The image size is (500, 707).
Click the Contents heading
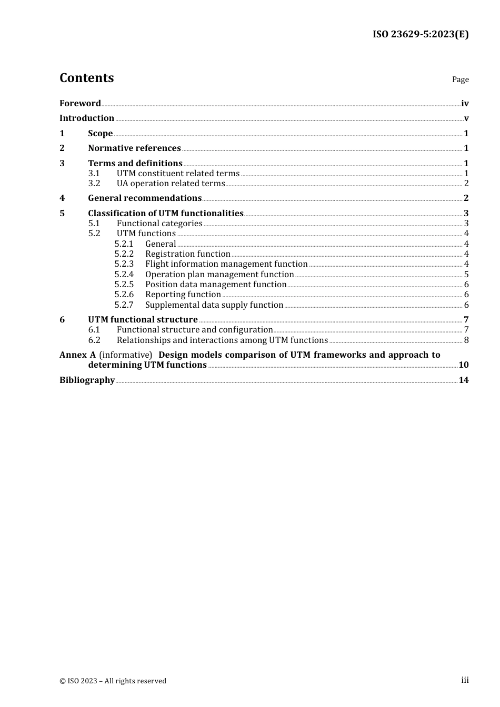(86, 78)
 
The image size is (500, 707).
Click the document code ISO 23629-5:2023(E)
(421, 35)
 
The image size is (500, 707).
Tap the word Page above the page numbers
(460, 79)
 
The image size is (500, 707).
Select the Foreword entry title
(80, 104)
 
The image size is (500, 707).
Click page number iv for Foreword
(465, 104)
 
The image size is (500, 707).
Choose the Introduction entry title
(87, 118)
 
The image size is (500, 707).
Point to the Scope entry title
(100, 134)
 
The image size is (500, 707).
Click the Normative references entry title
(134, 148)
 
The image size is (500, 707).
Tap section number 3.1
(94, 174)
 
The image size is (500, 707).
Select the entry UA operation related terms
(171, 184)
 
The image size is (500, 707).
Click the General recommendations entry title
(145, 198)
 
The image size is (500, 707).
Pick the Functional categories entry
(159, 224)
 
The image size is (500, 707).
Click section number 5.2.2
(124, 254)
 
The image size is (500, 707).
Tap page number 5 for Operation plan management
(466, 275)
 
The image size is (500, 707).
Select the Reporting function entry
(183, 295)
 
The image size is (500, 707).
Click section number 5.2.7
(124, 305)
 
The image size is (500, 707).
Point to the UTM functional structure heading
(143, 320)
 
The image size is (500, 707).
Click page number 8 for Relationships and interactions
(466, 340)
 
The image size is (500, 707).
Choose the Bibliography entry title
(87, 380)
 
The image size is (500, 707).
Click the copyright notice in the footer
(113, 681)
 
